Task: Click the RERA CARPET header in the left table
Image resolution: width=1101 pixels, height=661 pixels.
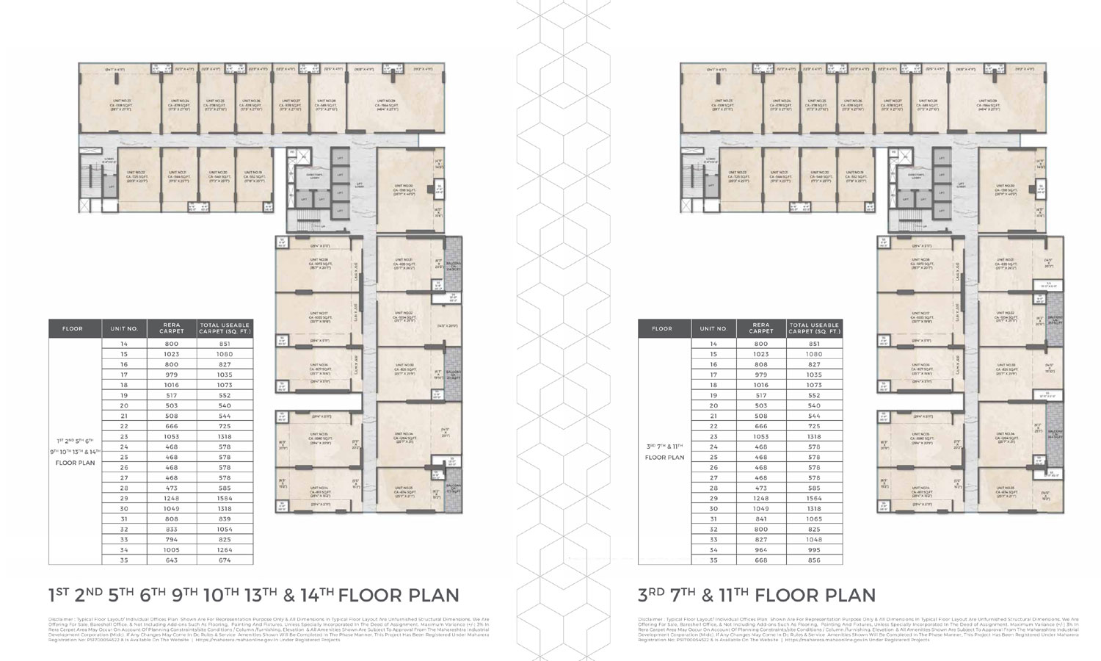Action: pos(167,328)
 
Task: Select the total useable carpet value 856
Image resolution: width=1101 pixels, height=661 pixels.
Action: pos(814,560)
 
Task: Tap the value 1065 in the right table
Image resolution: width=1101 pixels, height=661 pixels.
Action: pos(814,519)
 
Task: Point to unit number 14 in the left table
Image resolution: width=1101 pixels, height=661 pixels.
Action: pos(124,344)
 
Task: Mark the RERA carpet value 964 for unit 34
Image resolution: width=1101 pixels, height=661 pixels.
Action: pos(761,549)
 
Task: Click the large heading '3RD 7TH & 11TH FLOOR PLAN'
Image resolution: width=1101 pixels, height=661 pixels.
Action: pos(757,595)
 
